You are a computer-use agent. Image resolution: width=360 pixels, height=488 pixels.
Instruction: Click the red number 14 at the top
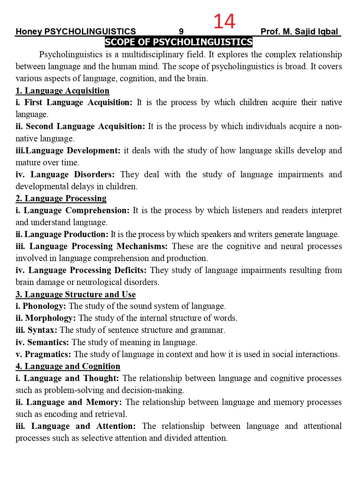point(224,21)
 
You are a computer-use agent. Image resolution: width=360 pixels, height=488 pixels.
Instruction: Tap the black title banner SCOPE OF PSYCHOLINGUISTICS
point(179,42)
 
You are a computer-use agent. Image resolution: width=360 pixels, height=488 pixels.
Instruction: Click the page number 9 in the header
point(181,32)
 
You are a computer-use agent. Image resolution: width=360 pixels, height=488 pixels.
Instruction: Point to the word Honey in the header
point(29,32)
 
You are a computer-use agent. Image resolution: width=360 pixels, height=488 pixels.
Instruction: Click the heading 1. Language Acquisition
point(62,91)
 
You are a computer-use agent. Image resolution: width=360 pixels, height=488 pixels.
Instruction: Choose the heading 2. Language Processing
point(61,198)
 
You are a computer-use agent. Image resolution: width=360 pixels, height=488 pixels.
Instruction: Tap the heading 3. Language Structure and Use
point(75,294)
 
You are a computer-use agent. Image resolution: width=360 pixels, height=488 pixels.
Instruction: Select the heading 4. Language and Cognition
point(68,366)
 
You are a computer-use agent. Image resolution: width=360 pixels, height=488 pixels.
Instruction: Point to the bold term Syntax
point(42,330)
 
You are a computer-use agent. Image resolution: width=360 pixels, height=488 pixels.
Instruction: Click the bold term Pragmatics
point(48,354)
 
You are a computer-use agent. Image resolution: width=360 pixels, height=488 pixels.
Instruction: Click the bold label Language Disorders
point(72,174)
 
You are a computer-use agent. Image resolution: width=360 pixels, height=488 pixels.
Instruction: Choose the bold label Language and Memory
point(74,402)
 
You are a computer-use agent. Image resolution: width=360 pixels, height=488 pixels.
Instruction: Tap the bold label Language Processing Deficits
point(87,270)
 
